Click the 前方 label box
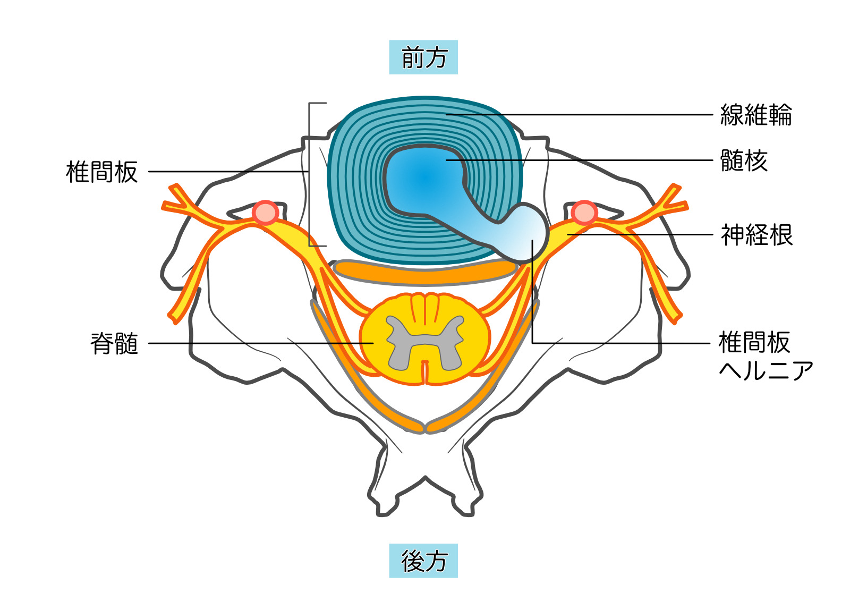[x=423, y=57]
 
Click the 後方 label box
[x=423, y=561]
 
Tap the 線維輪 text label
[x=755, y=115]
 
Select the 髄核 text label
[x=744, y=160]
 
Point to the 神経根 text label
[x=756, y=235]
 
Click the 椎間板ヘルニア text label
[x=765, y=356]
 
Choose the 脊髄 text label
[x=114, y=343]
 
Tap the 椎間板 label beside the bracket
[x=101, y=172]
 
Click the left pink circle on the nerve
[x=265, y=213]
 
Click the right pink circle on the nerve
[x=584, y=213]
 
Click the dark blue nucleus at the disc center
[x=420, y=178]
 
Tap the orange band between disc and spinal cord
[x=425, y=272]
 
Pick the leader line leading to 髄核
[x=584, y=160]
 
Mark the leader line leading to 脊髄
[x=260, y=343]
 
